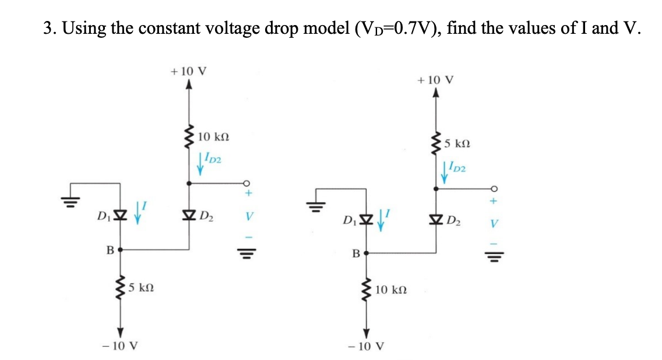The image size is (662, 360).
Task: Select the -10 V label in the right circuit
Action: coord(365,346)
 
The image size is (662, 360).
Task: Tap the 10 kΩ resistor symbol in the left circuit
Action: coord(188,137)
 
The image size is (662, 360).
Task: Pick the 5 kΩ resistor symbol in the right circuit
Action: coord(435,143)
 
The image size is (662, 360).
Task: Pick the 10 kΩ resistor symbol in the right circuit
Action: coord(366,290)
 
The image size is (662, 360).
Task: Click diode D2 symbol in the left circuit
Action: coord(188,218)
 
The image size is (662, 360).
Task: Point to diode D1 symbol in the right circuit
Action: coord(366,222)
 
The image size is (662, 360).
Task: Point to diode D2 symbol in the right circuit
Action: coord(435,222)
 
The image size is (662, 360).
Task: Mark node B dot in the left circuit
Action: coord(118,249)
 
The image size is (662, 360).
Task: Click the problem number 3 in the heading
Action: coord(48,28)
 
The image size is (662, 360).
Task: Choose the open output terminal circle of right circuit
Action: coord(496,188)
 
